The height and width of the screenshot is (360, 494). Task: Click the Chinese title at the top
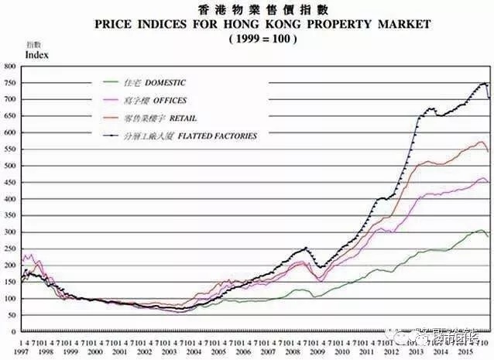246,9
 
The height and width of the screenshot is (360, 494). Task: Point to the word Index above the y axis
36,56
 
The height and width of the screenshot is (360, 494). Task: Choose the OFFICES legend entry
158,100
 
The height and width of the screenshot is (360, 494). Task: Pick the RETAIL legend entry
155,118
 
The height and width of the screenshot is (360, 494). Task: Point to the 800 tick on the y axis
10,67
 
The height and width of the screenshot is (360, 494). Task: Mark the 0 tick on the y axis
15,331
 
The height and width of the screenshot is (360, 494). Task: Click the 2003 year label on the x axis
167,351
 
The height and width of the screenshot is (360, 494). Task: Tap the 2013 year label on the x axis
414,351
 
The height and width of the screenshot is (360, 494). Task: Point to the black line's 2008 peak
306,248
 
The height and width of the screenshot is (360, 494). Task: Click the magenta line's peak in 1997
29,253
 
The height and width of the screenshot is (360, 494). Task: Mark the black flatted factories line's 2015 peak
485,83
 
